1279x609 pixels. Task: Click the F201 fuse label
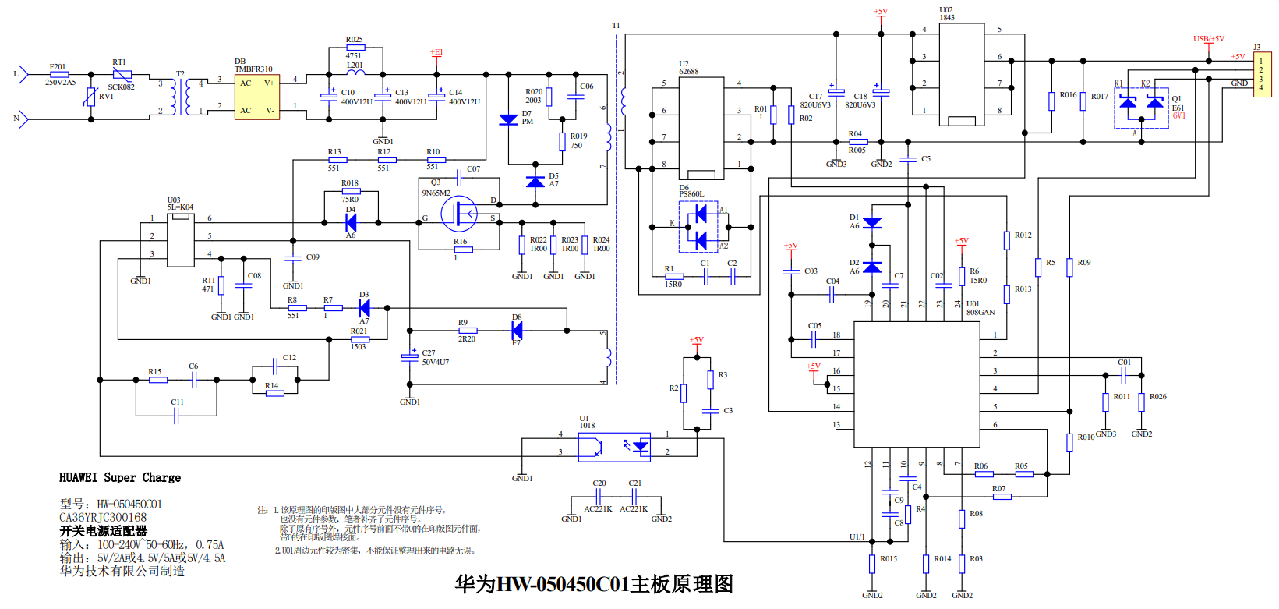pos(58,67)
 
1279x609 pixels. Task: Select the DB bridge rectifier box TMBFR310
pos(257,97)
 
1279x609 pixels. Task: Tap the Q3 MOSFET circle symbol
pos(458,213)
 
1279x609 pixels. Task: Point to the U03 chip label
pos(174,200)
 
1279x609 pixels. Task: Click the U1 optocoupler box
pos(614,447)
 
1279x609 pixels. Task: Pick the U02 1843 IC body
pos(961,74)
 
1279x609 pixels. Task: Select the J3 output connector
pos(1262,75)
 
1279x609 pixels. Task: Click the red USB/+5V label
pos(1208,39)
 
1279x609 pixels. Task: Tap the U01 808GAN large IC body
pos(917,384)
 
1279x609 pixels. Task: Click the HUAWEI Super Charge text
pos(120,477)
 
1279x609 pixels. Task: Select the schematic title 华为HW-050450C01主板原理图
pos(594,584)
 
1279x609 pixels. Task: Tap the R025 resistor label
pos(354,39)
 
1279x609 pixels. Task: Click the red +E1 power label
pos(436,52)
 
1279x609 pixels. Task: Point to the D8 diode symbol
pos(516,331)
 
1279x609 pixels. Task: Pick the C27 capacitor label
pos(429,353)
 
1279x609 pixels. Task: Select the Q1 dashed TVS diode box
pos(1141,108)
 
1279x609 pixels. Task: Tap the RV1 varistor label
pos(106,97)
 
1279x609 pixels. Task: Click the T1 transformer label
pos(616,26)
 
